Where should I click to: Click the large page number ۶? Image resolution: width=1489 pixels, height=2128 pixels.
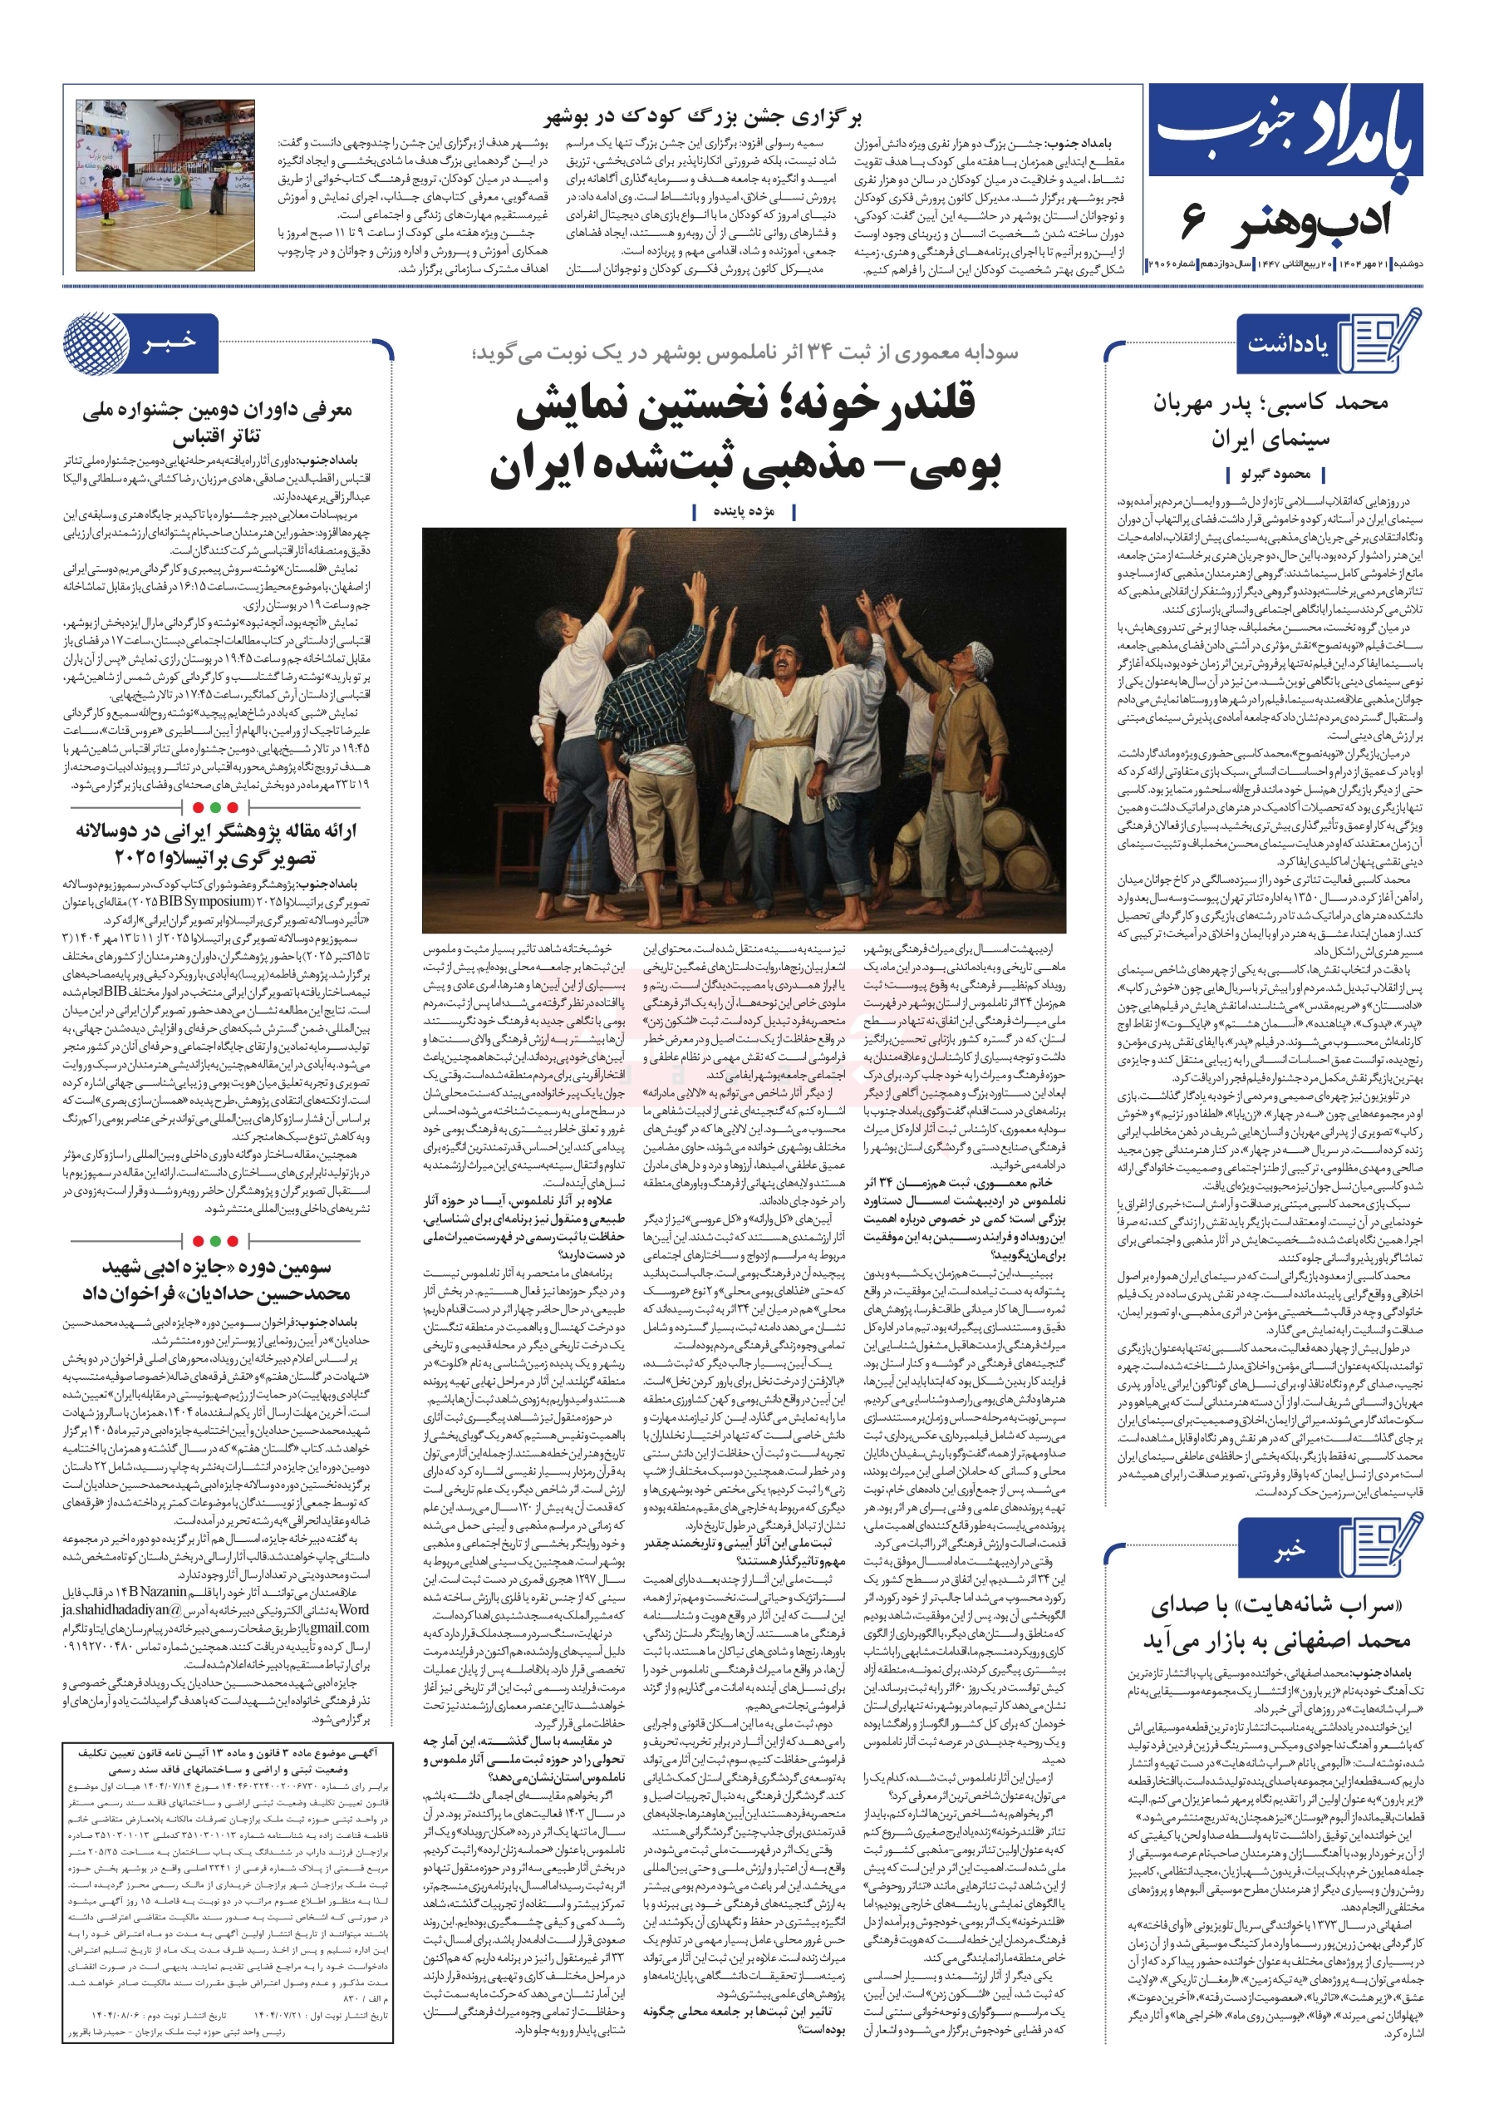click(x=1193, y=224)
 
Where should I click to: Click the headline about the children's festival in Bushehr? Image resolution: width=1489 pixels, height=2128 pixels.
click(x=702, y=118)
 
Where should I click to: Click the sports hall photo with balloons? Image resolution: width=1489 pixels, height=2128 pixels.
click(x=165, y=184)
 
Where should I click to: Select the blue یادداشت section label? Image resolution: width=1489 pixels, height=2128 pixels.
click(x=1288, y=345)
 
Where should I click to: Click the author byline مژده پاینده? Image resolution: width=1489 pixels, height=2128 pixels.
click(x=743, y=510)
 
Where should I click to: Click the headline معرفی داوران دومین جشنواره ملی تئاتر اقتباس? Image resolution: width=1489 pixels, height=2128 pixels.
click(x=217, y=421)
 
